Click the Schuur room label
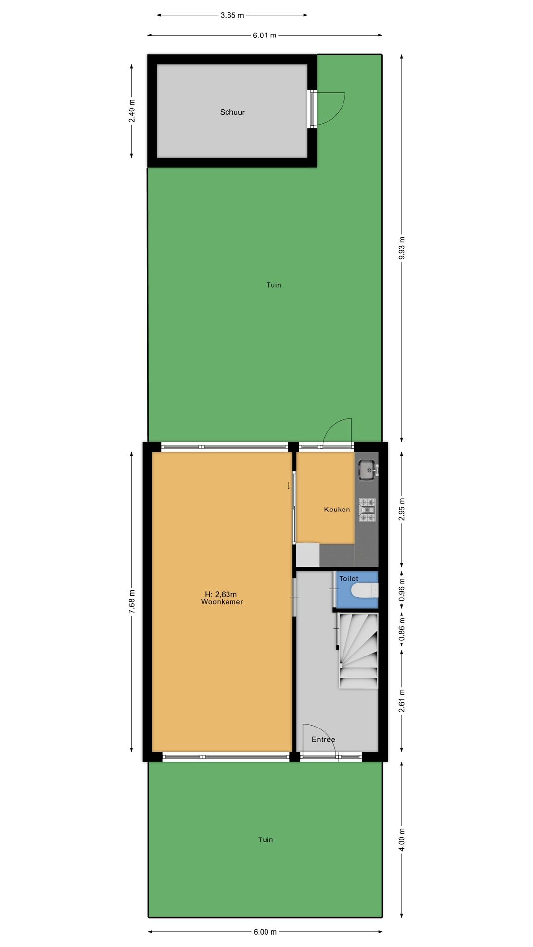(x=232, y=112)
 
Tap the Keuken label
(x=337, y=510)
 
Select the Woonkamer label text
(x=222, y=602)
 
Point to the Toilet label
(x=348, y=578)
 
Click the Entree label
(x=323, y=739)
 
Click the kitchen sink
(x=368, y=470)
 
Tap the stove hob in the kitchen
(x=367, y=510)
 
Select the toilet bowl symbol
(x=366, y=590)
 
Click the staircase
(x=358, y=651)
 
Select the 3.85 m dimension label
(x=232, y=15)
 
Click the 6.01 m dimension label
(x=265, y=36)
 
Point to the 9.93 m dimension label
(x=402, y=248)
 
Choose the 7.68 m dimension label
(x=131, y=602)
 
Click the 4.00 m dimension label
(x=402, y=839)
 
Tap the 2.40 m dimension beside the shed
(x=131, y=111)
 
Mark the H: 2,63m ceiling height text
(x=221, y=594)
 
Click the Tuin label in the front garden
(x=266, y=839)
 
